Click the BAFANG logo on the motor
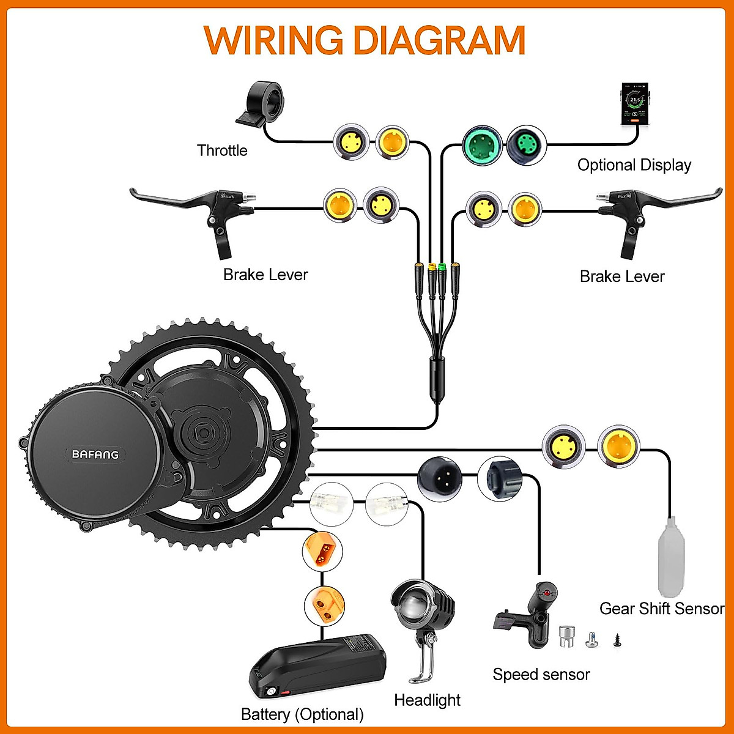(x=95, y=454)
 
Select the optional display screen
(x=636, y=103)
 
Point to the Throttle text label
(x=222, y=150)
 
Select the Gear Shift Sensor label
(x=661, y=609)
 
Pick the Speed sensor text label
(x=541, y=675)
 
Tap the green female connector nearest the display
(x=526, y=145)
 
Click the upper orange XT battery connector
(x=322, y=551)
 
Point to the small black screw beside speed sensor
(x=616, y=641)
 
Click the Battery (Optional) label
(x=302, y=714)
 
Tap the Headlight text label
(x=427, y=700)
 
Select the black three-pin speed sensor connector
(x=439, y=477)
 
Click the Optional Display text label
(x=634, y=165)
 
